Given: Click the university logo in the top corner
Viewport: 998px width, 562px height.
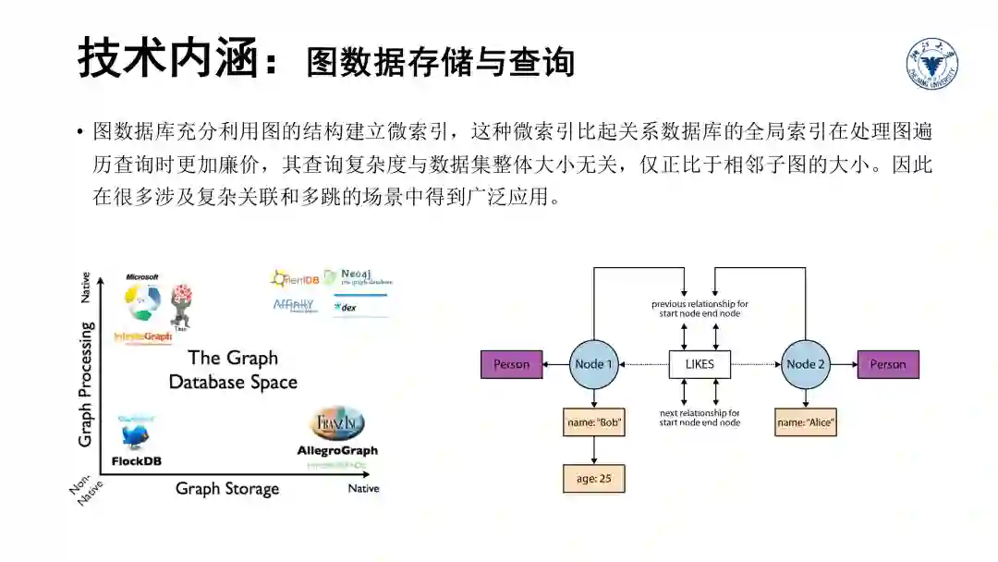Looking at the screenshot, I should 931,64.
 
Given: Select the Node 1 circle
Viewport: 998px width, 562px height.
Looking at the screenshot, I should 593,364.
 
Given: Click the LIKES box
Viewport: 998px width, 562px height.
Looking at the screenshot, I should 700,364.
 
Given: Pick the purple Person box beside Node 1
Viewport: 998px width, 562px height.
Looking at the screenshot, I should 511,364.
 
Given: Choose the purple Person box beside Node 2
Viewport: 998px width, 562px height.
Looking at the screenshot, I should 888,364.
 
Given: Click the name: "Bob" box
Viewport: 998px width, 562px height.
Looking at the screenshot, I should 593,424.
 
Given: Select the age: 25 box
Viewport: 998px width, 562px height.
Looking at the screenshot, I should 593,478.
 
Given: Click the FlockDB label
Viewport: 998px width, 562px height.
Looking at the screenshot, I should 137,461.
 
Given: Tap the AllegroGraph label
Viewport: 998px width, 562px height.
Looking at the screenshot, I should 337,451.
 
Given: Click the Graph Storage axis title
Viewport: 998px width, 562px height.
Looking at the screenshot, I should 227,489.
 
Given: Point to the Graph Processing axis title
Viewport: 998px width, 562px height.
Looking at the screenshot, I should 86,384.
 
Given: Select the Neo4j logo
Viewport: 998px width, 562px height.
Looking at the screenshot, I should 359,276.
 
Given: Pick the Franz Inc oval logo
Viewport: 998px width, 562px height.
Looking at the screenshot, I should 337,423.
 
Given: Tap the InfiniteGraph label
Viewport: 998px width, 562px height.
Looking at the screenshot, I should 142,337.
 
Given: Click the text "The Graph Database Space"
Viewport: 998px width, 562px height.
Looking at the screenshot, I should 233,370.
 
